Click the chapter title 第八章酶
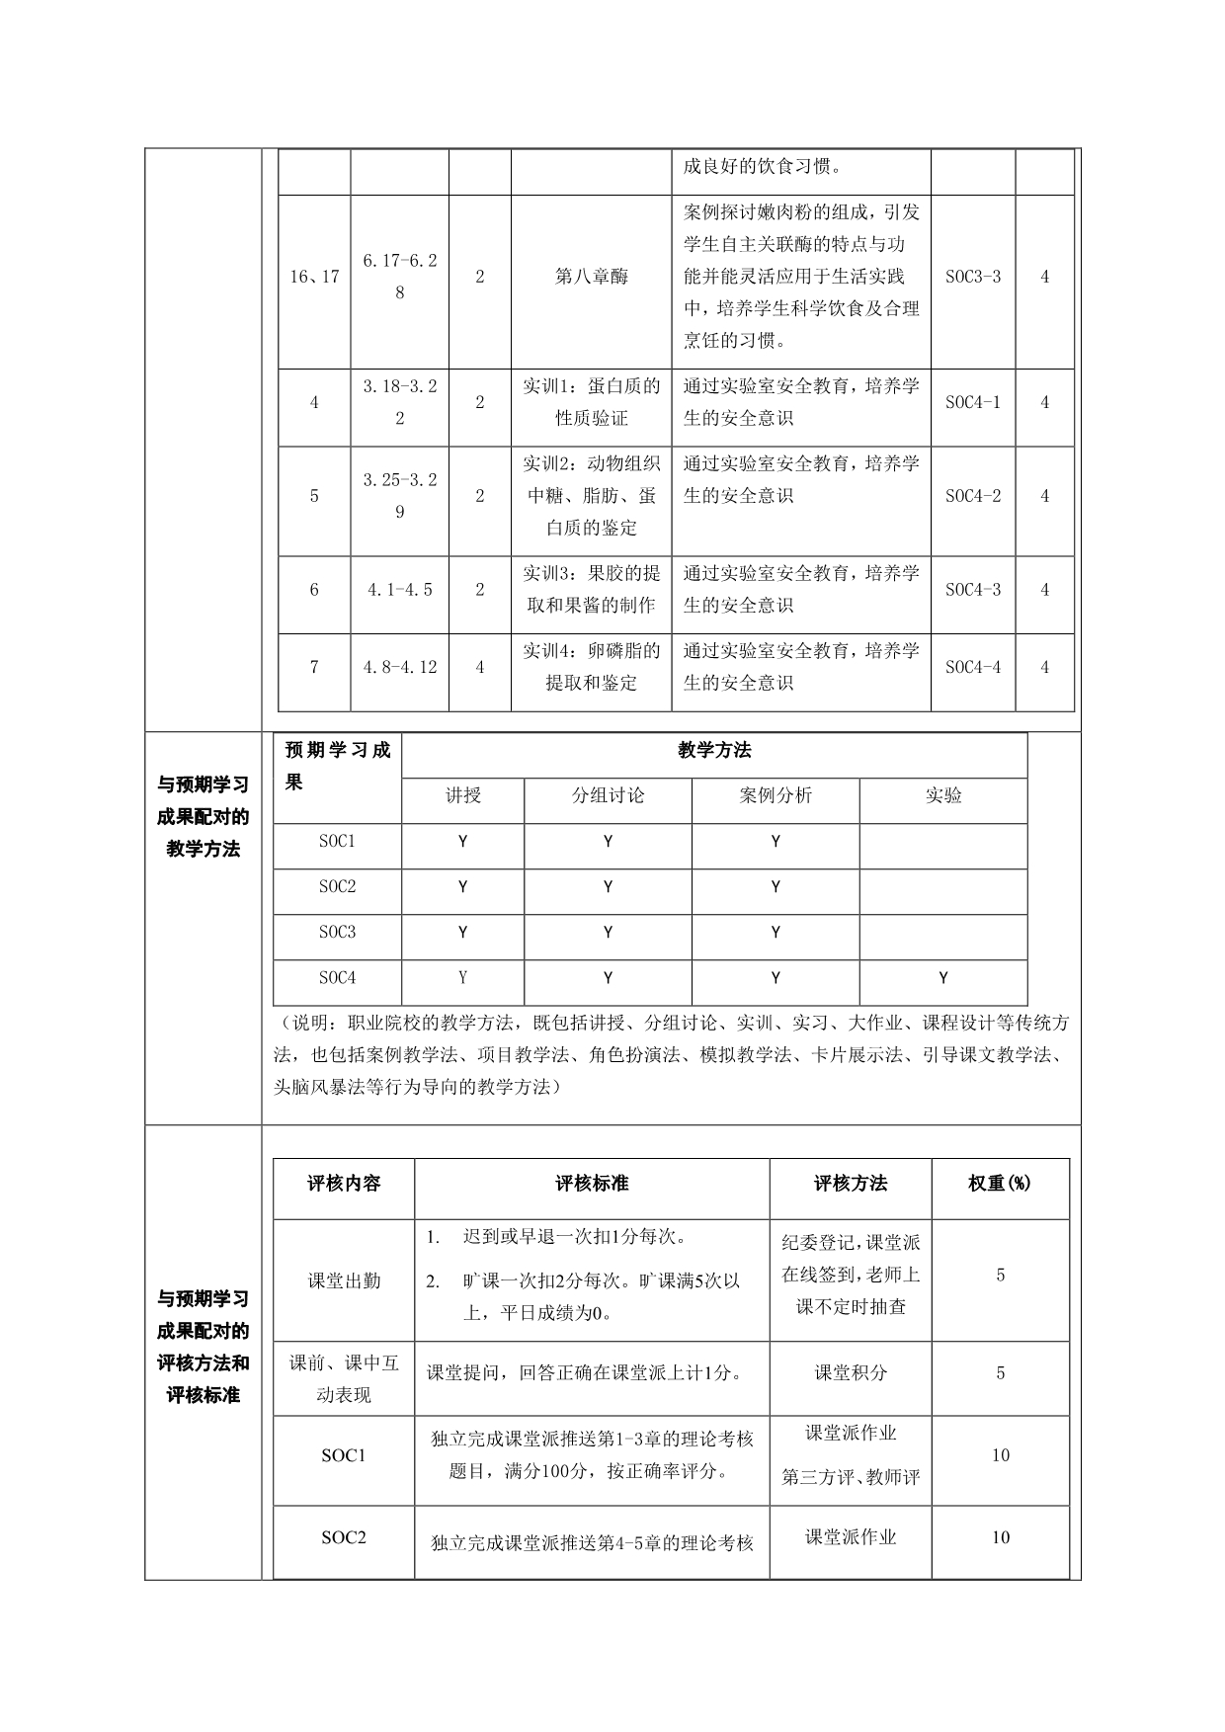click(x=591, y=277)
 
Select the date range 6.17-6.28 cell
click(x=399, y=277)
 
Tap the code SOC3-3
click(x=972, y=277)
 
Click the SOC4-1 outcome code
click(x=972, y=402)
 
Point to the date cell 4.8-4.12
click(x=399, y=667)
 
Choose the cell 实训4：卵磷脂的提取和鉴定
click(x=591, y=667)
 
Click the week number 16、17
click(x=314, y=277)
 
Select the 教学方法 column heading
click(x=714, y=751)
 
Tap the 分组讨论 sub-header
click(x=608, y=795)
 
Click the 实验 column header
click(x=943, y=795)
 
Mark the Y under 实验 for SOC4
click(x=943, y=978)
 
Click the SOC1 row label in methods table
click(x=337, y=842)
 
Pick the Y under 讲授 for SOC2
click(x=462, y=887)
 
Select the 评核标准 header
click(x=591, y=1184)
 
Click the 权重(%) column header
click(x=1000, y=1184)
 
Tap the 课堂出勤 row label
click(x=344, y=1280)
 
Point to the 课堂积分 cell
click(x=850, y=1372)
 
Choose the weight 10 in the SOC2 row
click(x=1000, y=1537)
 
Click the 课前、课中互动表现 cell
click(x=344, y=1379)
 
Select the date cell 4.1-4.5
click(x=399, y=590)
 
